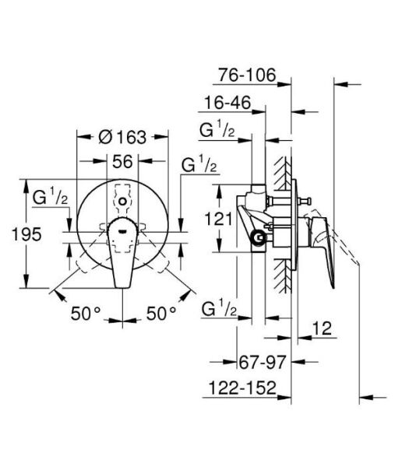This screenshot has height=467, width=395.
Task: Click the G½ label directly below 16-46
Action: coord(217,129)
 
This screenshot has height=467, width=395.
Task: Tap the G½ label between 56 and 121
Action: coord(199,164)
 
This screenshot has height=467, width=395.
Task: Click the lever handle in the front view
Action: coord(123,249)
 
